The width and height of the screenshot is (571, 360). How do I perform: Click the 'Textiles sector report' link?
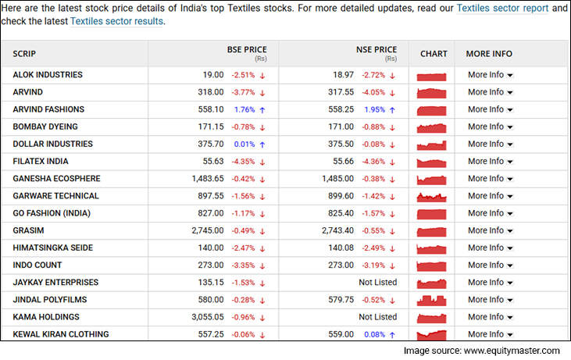(503, 8)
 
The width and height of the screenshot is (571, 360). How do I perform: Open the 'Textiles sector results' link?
(117, 21)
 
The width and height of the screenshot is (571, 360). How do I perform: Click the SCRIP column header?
(24, 54)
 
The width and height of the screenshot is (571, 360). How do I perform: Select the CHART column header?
(434, 54)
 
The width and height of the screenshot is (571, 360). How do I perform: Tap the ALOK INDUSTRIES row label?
(48, 75)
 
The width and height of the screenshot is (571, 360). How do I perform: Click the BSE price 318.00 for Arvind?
(210, 92)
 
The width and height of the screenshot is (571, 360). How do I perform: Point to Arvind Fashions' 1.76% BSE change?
(243, 109)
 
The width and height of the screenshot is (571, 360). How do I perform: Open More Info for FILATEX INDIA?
(490, 162)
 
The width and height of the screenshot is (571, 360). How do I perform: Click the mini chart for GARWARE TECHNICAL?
(432, 196)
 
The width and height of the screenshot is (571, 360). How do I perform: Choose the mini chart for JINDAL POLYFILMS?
(432, 300)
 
